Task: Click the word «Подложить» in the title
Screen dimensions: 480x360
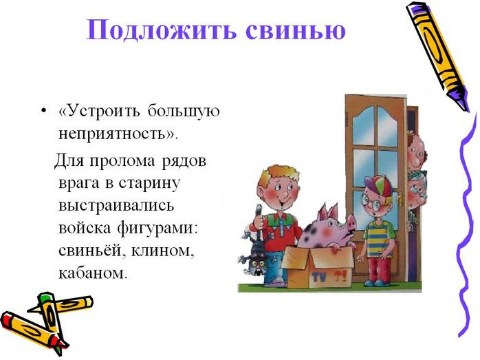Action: point(162,30)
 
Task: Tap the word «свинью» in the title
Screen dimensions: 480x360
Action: point(296,30)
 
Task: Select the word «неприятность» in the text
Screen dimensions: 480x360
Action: point(112,134)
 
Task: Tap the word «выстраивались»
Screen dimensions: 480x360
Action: point(116,205)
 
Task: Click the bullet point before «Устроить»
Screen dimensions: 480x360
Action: point(44,110)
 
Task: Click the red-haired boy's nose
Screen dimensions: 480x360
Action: point(284,193)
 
